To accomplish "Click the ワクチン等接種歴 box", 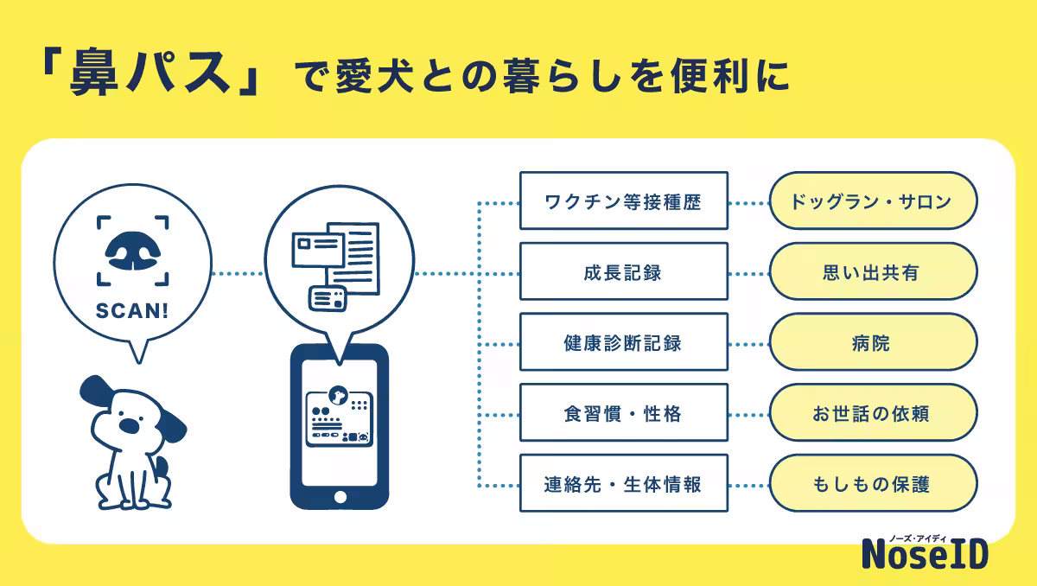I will [623, 201].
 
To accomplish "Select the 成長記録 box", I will [623, 272].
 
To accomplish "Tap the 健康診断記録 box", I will [623, 343].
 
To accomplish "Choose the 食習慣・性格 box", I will [623, 414].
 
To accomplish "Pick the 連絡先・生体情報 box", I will [623, 484].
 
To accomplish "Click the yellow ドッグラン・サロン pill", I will [872, 201].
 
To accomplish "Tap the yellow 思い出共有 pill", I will [872, 272].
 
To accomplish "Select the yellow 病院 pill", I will [872, 343].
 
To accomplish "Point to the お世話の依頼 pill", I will [872, 414].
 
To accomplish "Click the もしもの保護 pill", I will [872, 484].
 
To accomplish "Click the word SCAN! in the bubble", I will [132, 310].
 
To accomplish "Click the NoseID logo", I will [925, 552].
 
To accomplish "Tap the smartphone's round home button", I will [339, 497].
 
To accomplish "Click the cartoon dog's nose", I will [130, 425].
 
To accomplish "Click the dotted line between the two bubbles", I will [237, 274].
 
